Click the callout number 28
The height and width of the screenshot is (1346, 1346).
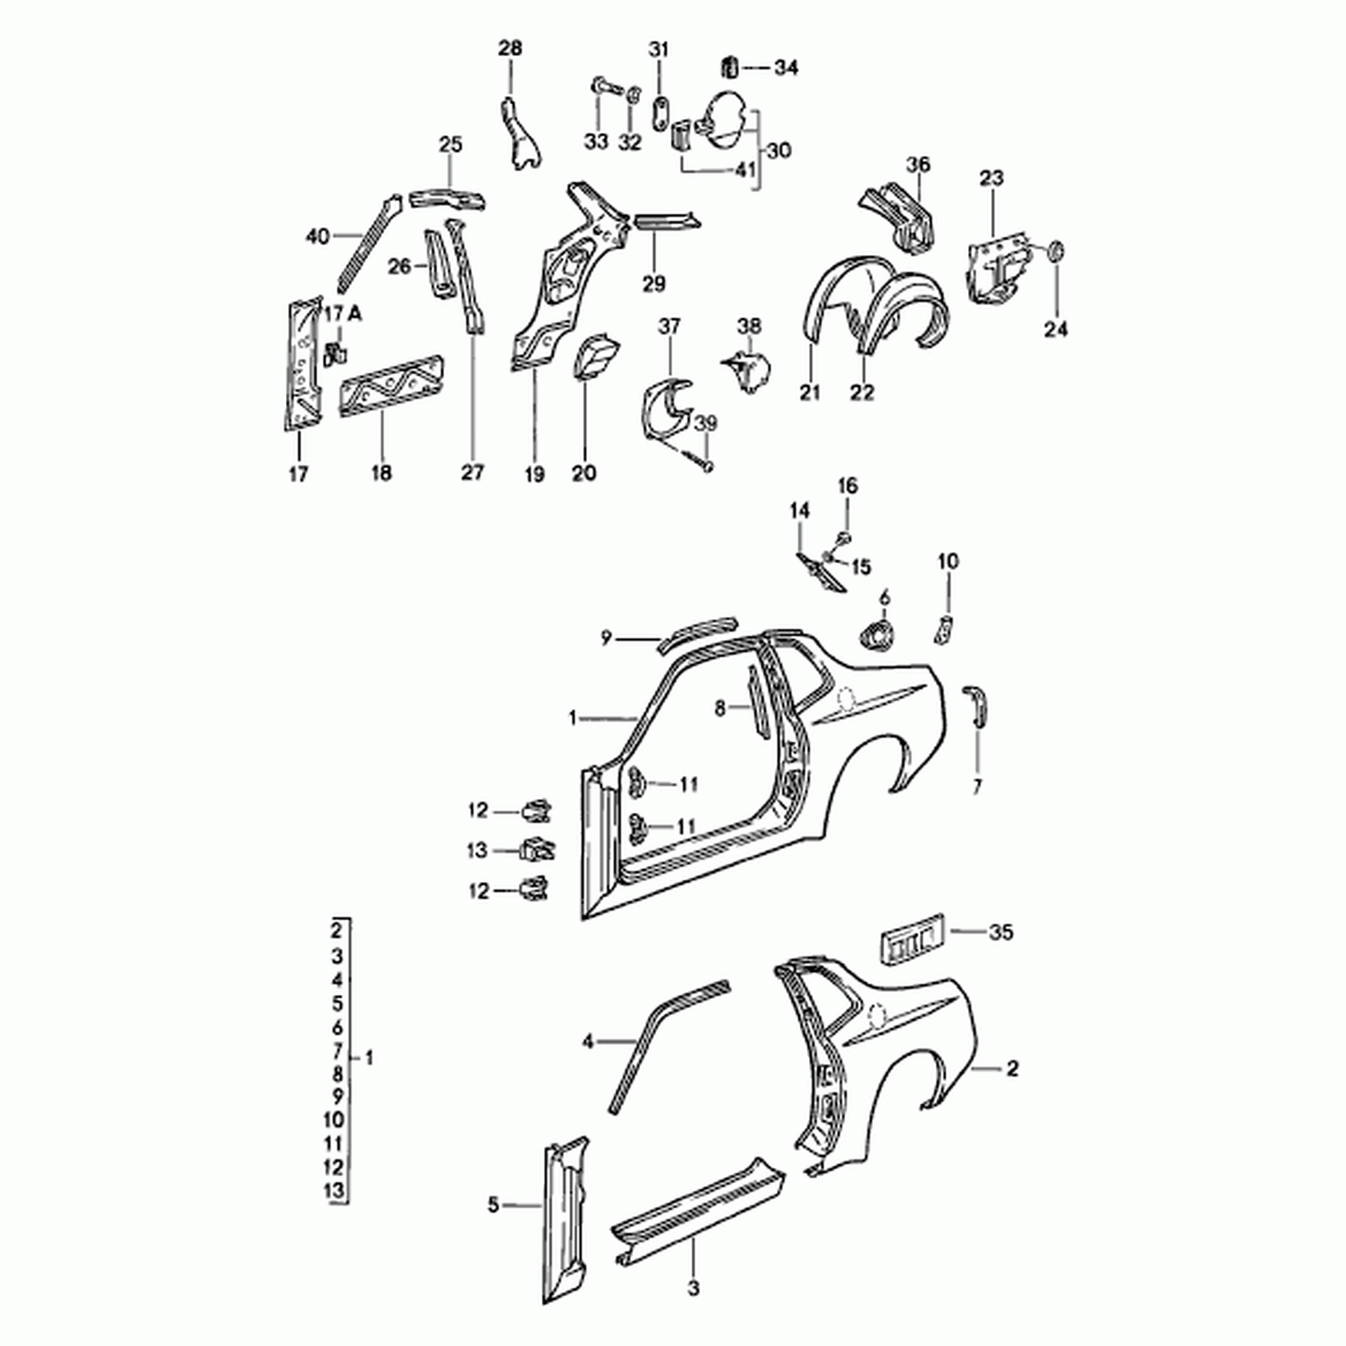click(x=511, y=48)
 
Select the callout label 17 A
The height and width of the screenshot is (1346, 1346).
click(x=344, y=313)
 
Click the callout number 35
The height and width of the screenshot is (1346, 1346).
click(x=1001, y=932)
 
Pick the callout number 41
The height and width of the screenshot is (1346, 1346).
click(x=745, y=170)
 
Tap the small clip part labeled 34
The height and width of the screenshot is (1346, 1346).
click(x=730, y=67)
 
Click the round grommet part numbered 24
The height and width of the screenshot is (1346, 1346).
click(x=1056, y=251)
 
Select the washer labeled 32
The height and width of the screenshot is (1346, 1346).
click(x=634, y=94)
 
